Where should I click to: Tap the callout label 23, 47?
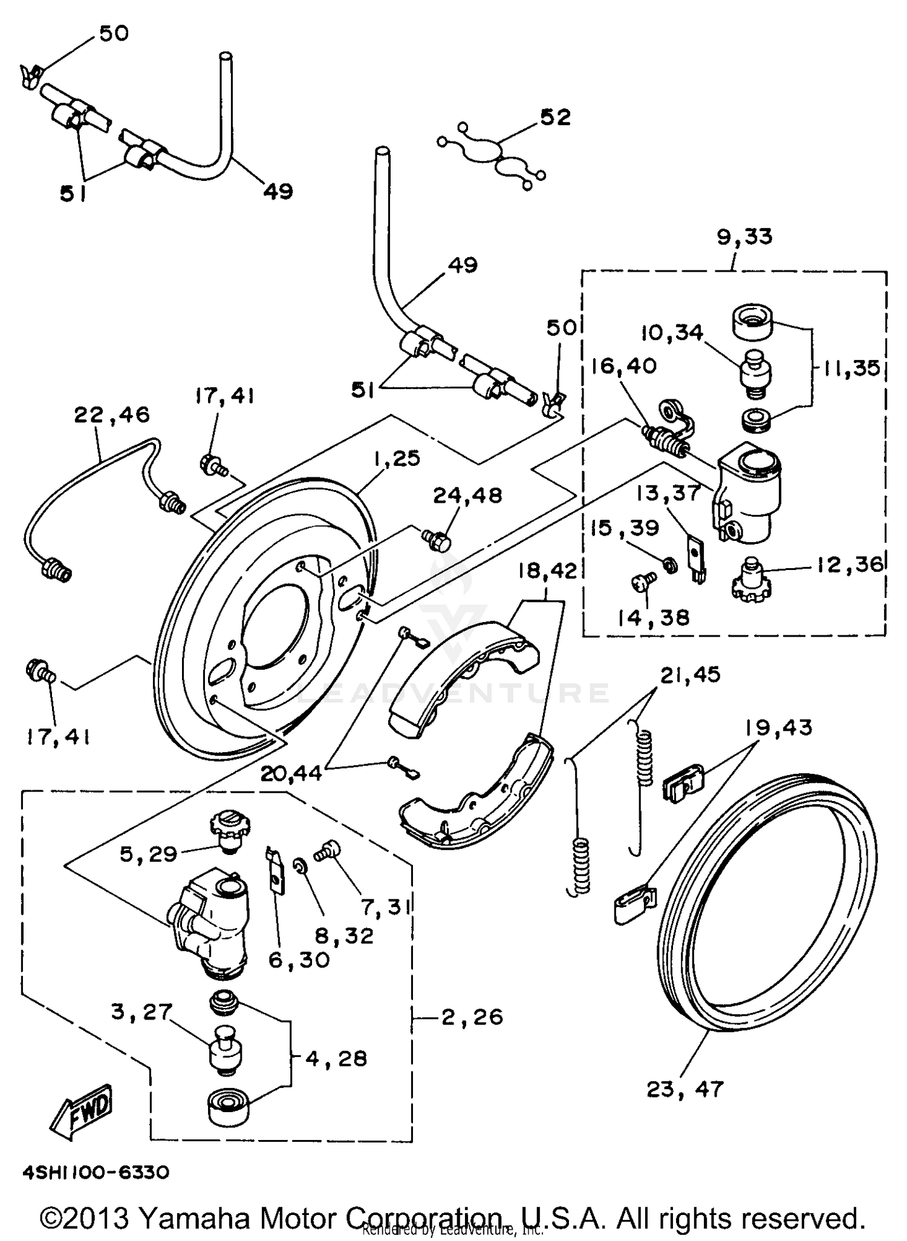point(684,1089)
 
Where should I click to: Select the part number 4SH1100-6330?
point(96,1173)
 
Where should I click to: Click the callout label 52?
point(555,117)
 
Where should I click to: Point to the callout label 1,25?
point(396,458)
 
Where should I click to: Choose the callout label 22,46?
point(112,414)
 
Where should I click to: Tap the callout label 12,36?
point(850,564)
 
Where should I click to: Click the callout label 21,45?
point(690,674)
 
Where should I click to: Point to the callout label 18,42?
point(547,571)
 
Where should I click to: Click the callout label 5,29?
point(148,854)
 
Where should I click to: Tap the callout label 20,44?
point(291,773)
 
